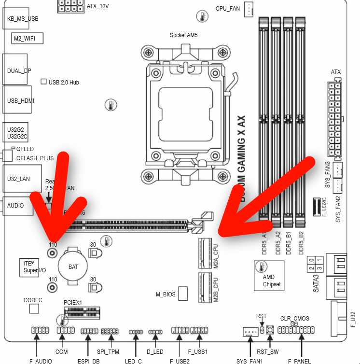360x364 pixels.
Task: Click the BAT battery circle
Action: pyautogui.click(x=73, y=266)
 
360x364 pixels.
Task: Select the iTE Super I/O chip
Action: pyautogui.click(x=34, y=266)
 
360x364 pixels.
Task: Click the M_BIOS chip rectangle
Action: pyautogui.click(x=183, y=293)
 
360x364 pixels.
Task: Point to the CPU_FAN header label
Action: pyautogui.click(x=228, y=8)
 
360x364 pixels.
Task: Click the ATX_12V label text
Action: pyautogui.click(x=97, y=6)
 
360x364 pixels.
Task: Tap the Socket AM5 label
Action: pyautogui.click(x=183, y=35)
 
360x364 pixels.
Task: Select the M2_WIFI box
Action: pyautogui.click(x=25, y=38)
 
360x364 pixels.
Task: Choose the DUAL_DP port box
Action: pyautogui.click(x=18, y=70)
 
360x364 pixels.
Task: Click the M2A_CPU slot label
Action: pyautogui.click(x=216, y=256)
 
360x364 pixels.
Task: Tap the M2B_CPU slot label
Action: pyautogui.click(x=216, y=289)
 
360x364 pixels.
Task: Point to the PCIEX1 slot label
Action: pyautogui.click(x=73, y=302)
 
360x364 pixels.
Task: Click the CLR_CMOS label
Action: pyautogui.click(x=295, y=319)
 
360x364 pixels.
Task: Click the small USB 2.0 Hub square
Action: pyautogui.click(x=43, y=82)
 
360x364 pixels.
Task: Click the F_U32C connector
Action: pyautogui.click(x=317, y=206)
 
